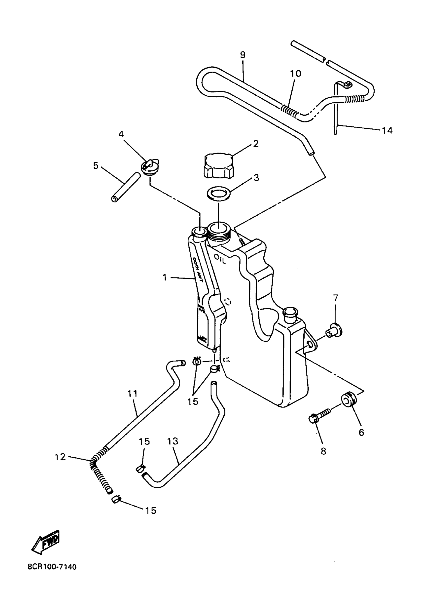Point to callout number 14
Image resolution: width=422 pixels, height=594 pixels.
tap(387, 131)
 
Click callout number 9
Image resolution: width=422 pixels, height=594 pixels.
tap(243, 55)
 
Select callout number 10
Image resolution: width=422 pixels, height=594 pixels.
tap(295, 74)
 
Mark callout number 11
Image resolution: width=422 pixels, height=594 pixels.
tap(132, 394)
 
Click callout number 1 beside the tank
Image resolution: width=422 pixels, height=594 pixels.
tap(165, 277)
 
